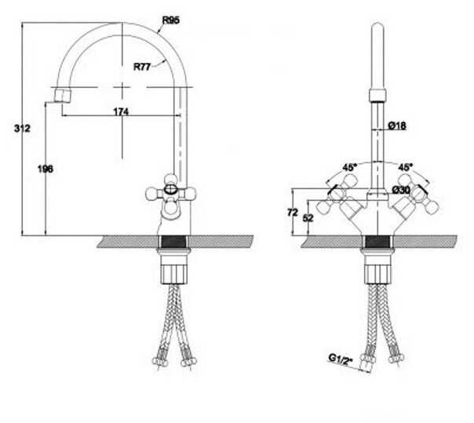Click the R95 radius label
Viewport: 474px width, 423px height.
(x=171, y=20)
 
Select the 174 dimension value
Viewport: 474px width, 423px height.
(x=120, y=112)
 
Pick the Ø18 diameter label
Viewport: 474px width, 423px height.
(x=397, y=126)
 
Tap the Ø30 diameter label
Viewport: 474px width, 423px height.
(x=401, y=190)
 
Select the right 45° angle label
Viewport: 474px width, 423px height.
(x=406, y=167)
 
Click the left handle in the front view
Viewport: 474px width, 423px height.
(x=345, y=201)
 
